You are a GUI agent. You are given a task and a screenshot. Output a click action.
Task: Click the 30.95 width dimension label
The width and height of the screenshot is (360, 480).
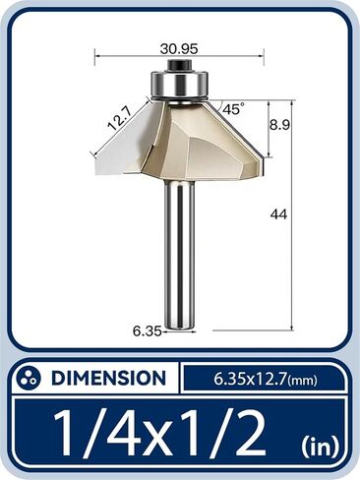pos(179,45)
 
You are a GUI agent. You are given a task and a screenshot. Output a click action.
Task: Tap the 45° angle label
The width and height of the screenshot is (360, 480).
pos(233,109)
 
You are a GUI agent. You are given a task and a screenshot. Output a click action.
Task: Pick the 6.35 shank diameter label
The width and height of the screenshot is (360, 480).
pos(146,330)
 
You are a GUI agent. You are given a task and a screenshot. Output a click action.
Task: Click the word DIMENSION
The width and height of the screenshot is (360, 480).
pos(108,378)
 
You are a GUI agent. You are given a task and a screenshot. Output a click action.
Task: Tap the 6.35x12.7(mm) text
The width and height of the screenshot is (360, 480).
pos(265,378)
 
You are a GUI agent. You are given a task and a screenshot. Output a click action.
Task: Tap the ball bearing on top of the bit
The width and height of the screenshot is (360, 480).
pos(178,87)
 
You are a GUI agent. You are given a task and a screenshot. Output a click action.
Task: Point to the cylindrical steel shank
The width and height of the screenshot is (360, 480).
pos(179,256)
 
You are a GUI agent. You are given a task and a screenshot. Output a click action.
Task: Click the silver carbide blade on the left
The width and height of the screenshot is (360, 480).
pos(124,148)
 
